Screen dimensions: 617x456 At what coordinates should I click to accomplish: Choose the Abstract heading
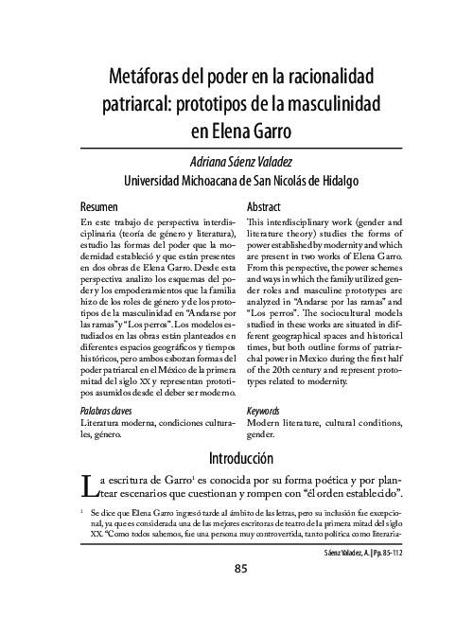264,206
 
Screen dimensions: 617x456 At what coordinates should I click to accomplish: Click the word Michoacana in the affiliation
222,181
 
